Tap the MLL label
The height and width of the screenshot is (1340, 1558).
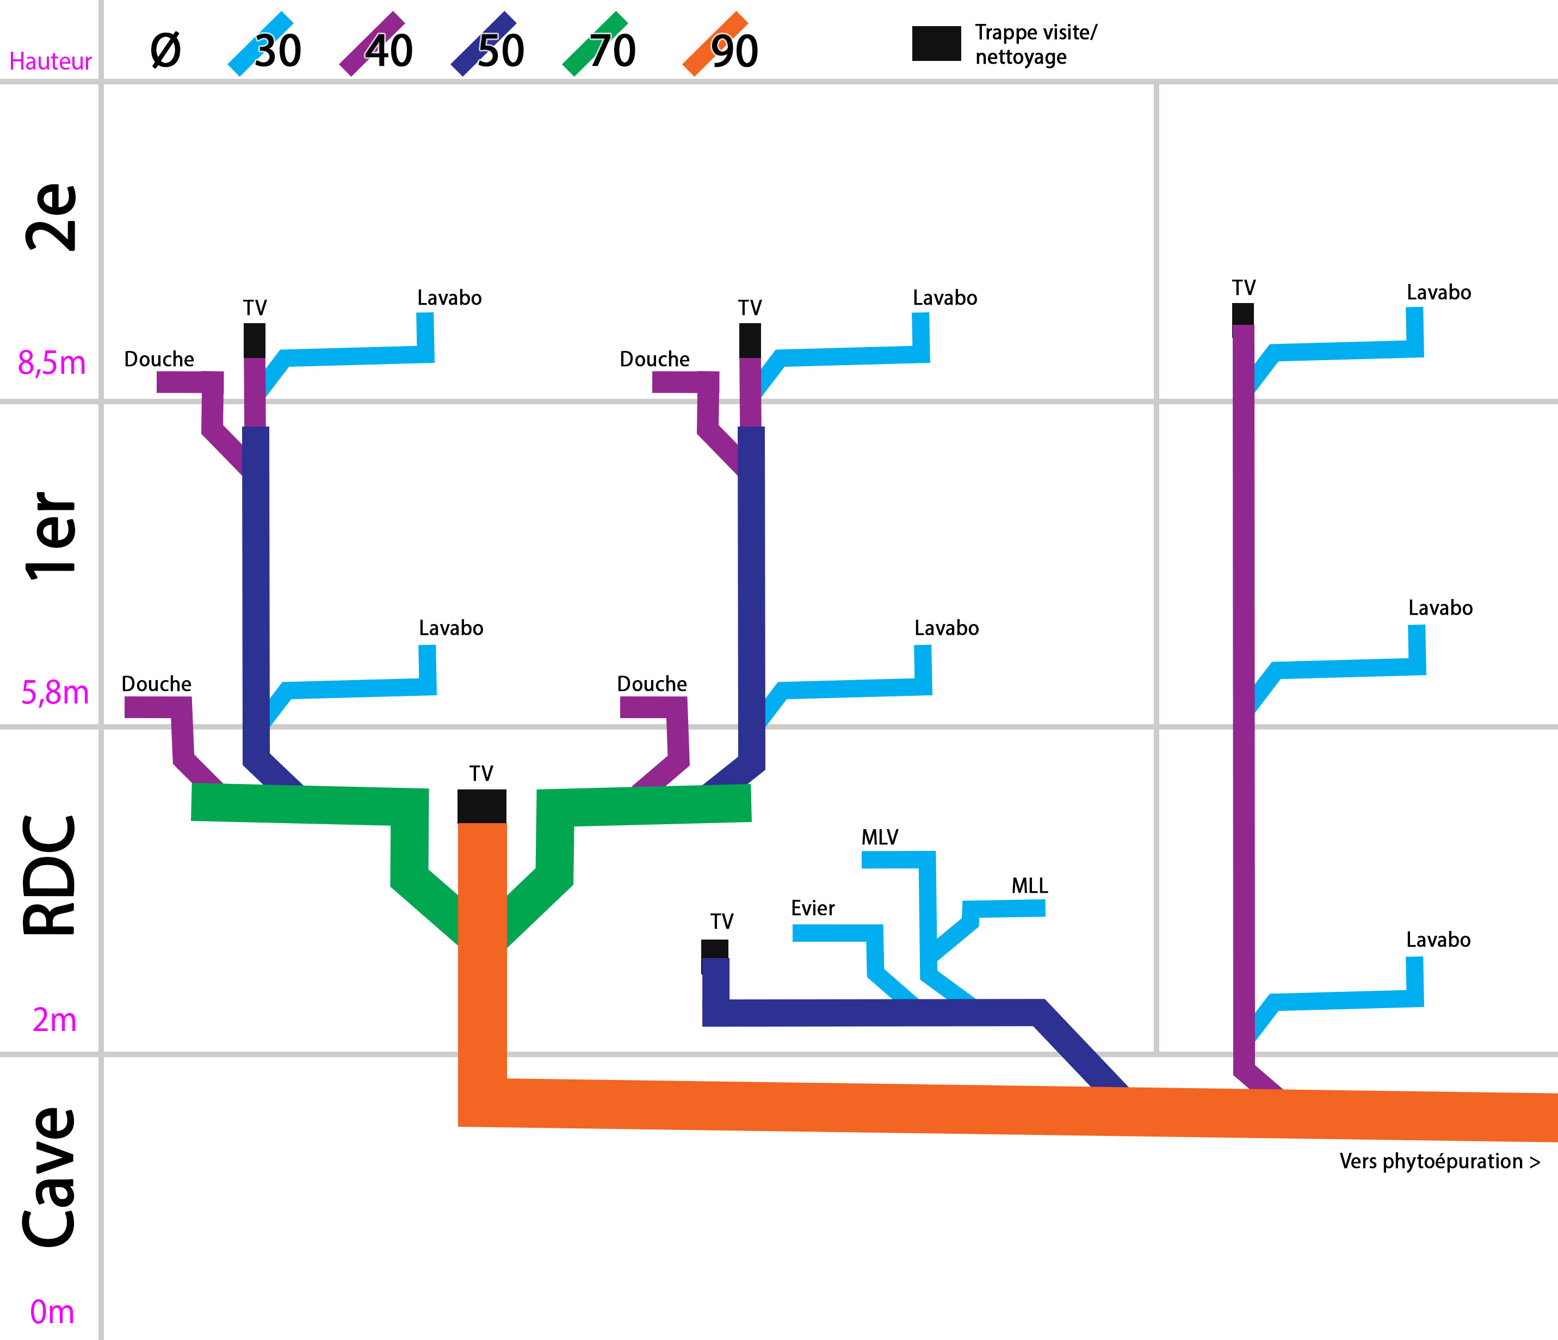click(x=1029, y=886)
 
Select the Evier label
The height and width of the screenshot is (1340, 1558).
click(x=812, y=909)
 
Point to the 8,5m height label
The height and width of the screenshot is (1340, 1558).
click(x=51, y=363)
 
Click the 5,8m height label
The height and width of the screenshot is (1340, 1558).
click(x=54, y=693)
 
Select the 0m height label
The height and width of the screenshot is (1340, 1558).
click(x=52, y=1312)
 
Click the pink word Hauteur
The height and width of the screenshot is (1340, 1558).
click(x=51, y=61)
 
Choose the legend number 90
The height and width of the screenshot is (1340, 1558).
click(x=734, y=51)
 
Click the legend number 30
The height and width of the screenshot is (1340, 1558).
click(x=277, y=51)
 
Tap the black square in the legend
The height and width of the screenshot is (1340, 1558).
click(x=936, y=43)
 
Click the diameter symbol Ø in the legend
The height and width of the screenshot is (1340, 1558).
click(x=165, y=51)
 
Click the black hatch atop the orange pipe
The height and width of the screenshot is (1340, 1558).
click(x=481, y=806)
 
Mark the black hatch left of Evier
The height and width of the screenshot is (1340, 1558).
click(x=714, y=949)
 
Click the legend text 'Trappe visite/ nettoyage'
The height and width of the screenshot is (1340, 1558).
click(x=1035, y=45)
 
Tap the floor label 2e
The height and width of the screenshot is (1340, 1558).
click(x=51, y=217)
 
